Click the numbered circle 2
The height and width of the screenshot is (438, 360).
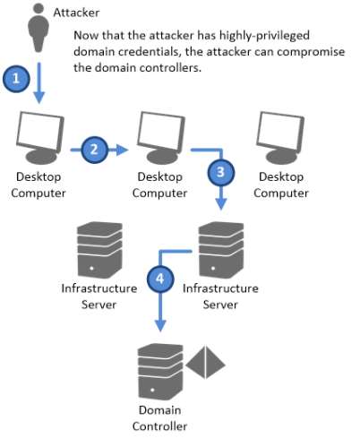click(x=95, y=148)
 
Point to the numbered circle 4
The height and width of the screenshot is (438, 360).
click(x=159, y=279)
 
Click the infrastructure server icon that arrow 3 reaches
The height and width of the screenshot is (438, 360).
click(x=220, y=246)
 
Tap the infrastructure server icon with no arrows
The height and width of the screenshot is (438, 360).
click(x=99, y=246)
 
